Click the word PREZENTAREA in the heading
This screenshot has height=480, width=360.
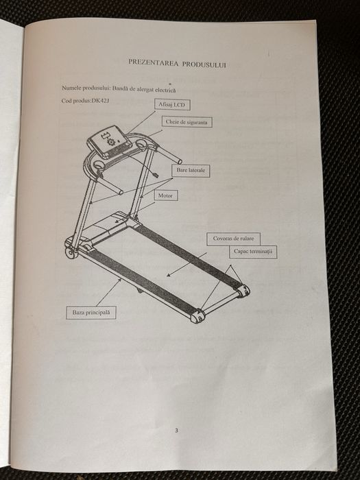click(x=153, y=62)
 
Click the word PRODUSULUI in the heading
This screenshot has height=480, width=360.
click(x=204, y=64)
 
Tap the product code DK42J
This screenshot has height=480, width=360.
click(x=100, y=100)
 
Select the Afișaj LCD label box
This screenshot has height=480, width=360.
click(x=171, y=105)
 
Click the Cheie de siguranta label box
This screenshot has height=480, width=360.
click(x=187, y=122)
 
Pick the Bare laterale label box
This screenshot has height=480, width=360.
click(x=191, y=170)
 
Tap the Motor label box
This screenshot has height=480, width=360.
click(x=165, y=195)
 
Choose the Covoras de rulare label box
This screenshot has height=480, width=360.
click(x=233, y=239)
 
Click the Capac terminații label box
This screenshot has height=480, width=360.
click(x=253, y=252)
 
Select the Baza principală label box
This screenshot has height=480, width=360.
click(x=91, y=313)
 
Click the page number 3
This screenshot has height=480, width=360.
click(x=176, y=431)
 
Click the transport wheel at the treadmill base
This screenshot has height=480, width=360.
click(x=71, y=253)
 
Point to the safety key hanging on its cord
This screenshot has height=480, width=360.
click(x=155, y=175)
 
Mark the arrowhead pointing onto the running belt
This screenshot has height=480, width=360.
click(x=169, y=274)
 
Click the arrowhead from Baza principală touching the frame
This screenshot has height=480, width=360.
click(x=120, y=281)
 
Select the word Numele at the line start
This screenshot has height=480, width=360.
click(x=71, y=88)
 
